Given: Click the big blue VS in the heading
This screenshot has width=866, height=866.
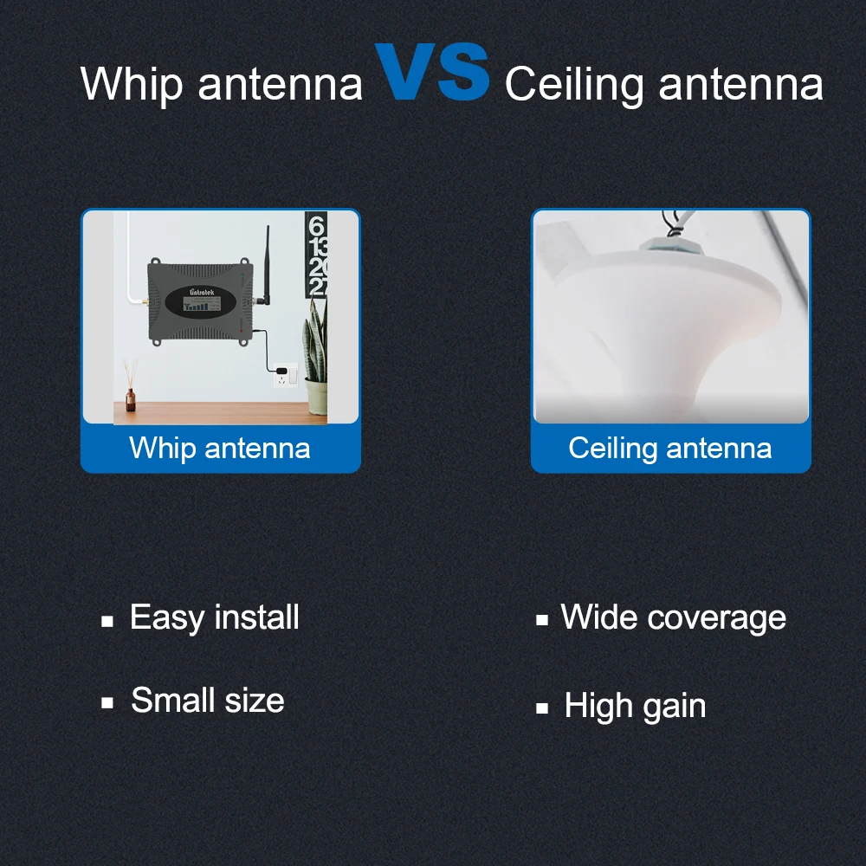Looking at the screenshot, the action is coord(432,72).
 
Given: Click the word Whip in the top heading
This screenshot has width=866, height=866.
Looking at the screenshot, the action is coord(132,85).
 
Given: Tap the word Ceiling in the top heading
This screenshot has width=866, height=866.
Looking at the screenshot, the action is coord(574,85).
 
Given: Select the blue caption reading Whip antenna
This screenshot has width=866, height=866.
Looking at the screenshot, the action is coord(220,448).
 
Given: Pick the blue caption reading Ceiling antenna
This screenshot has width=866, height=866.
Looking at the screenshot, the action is coord(670,448).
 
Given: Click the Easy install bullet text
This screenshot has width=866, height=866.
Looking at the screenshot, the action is coord(214,617).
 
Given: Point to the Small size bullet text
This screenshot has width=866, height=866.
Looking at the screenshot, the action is coord(208,701).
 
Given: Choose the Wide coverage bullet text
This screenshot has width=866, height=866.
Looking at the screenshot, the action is coord(673,617).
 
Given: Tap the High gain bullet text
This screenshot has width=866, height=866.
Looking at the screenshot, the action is coord(635,707).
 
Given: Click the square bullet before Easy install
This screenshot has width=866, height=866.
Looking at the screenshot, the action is coord(107,621).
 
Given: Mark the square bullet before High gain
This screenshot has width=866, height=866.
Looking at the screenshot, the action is coord(542,708).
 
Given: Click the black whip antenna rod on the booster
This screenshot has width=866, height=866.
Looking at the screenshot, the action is coord(267,264).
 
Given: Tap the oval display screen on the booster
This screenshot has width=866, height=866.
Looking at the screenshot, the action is coord(201,302).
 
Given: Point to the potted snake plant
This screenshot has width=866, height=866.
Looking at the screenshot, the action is coord(315,359).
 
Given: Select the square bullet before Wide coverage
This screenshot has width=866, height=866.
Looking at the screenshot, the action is coord(542,620).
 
